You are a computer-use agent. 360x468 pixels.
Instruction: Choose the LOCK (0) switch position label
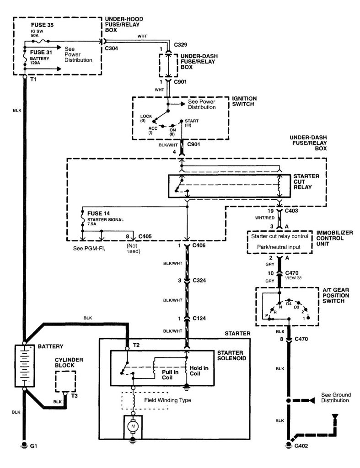click(146, 118)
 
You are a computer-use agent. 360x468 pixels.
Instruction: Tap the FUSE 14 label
click(97, 213)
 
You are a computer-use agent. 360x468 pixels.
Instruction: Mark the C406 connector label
click(199, 247)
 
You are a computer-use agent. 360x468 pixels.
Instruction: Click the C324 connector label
click(199, 281)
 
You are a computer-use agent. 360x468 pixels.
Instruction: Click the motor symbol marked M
click(133, 426)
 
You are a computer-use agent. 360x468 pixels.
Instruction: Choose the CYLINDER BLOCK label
click(68, 363)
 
